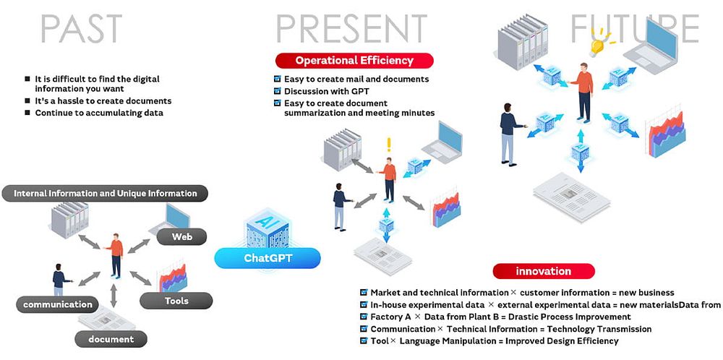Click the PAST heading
(x=80, y=28)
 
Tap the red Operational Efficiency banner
(x=354, y=61)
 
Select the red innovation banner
(x=544, y=271)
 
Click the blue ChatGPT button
(x=268, y=257)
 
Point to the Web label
(x=181, y=236)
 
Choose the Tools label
(x=176, y=301)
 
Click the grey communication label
(x=58, y=304)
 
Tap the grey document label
(x=111, y=338)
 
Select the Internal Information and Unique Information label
(x=106, y=193)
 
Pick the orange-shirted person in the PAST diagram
(x=115, y=253)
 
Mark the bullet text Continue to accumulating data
(x=99, y=113)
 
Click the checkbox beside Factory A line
(x=364, y=317)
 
